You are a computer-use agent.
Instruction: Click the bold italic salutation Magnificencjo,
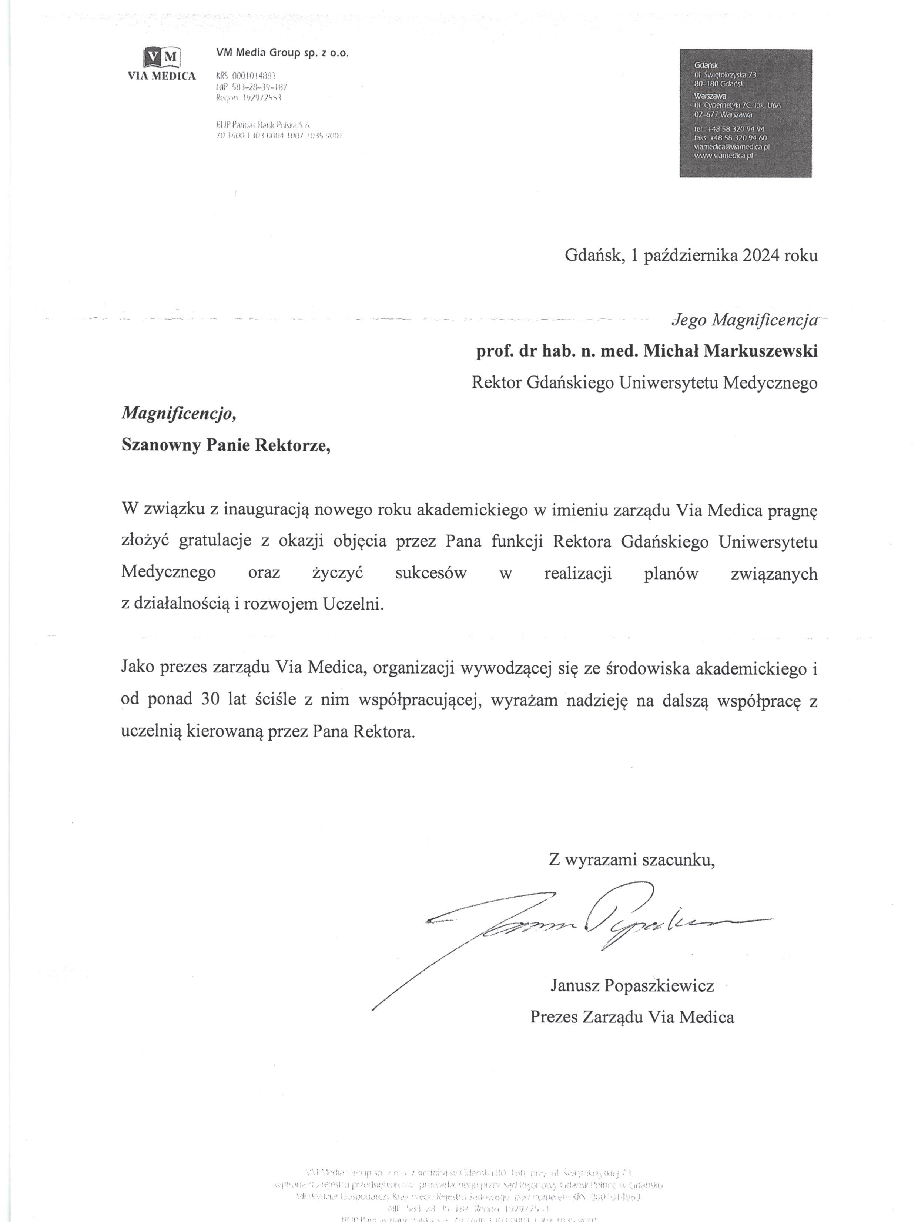pos(179,413)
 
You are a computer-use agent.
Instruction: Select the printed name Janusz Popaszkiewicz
pos(632,985)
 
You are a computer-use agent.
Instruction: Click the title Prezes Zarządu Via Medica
pos(632,1017)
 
